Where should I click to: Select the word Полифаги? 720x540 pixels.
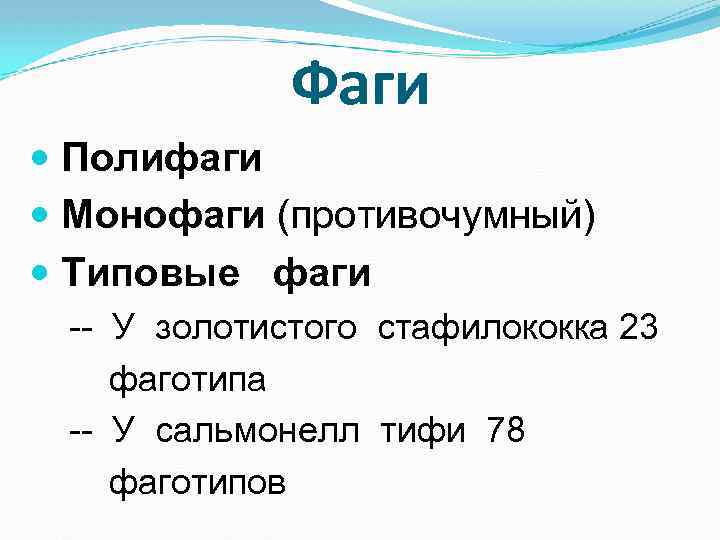click(162, 158)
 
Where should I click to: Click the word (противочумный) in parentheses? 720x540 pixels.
click(437, 216)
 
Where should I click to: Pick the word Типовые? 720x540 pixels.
click(151, 272)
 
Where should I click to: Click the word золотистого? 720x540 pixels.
click(256, 328)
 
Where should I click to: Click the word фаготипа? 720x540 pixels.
click(187, 380)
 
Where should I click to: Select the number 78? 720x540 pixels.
click(505, 432)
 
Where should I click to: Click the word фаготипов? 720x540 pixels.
click(197, 484)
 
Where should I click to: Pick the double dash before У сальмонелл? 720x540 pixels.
click(81, 433)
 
